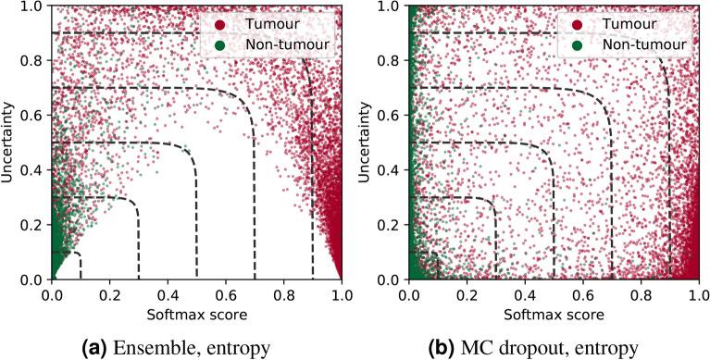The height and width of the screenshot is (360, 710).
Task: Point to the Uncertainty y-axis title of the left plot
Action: pyautogui.click(x=10, y=143)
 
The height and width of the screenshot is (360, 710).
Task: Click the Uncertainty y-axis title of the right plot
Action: pyautogui.click(x=367, y=143)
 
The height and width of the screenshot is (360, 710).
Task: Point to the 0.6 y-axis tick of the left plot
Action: pyautogui.click(x=35, y=115)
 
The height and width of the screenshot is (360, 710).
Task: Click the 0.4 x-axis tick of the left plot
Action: pyautogui.click(x=168, y=294)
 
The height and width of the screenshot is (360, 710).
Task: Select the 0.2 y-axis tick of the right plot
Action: pyautogui.click(x=392, y=225)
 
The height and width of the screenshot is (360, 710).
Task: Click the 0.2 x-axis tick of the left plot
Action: pyautogui.click(x=110, y=294)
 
